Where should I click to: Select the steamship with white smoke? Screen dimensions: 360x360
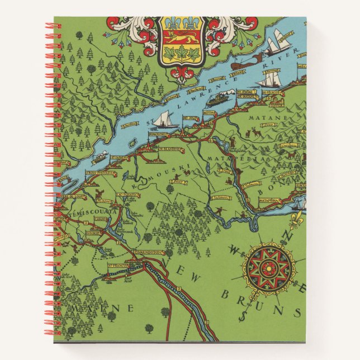(x=217, y=100)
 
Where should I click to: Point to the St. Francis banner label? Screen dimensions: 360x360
(x=117, y=266)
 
